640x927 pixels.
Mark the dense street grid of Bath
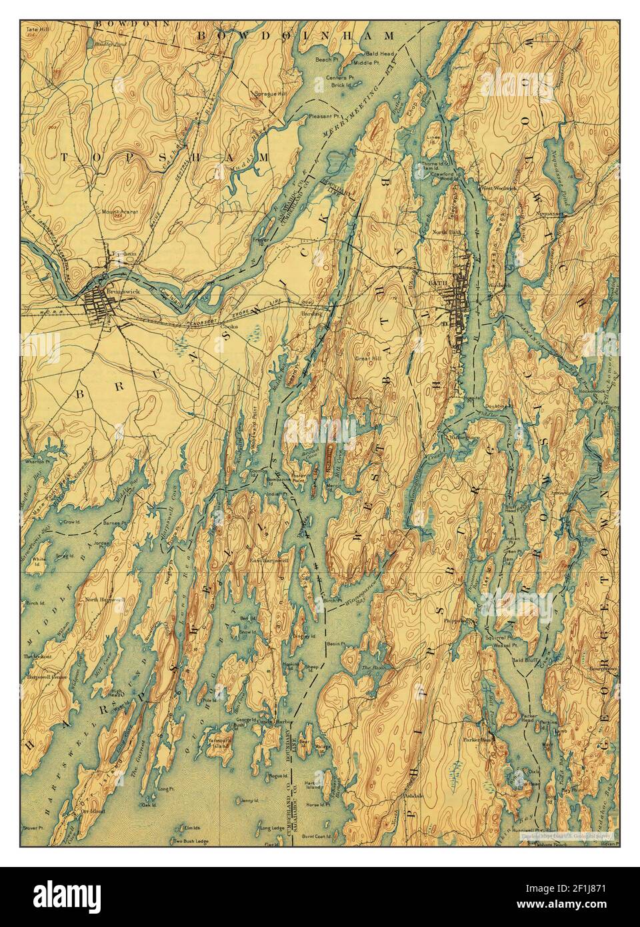point(460,307)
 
